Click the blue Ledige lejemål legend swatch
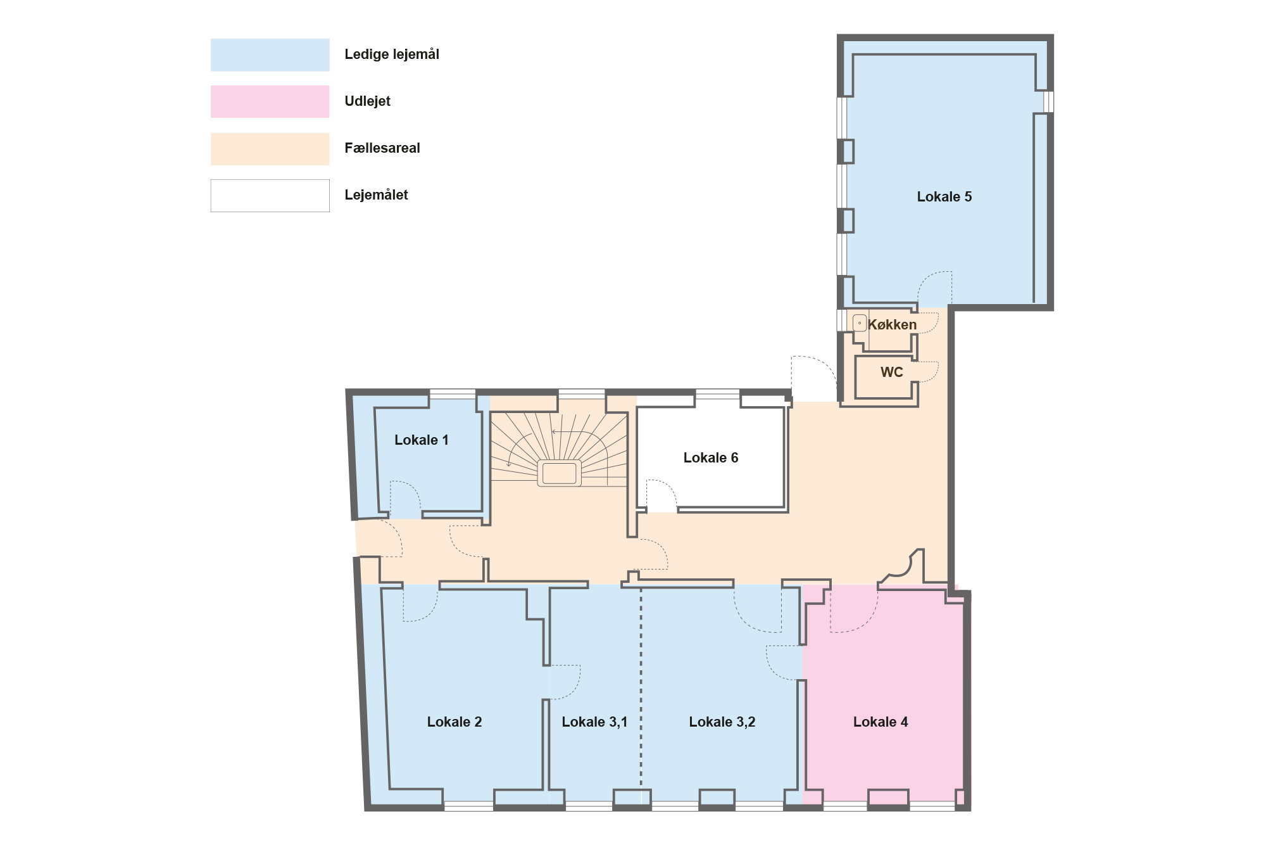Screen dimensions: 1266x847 click(270, 54)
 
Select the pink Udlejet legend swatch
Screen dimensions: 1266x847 click(270, 101)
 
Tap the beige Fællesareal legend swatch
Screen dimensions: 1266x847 click(270, 149)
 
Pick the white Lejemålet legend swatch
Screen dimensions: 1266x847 click(270, 195)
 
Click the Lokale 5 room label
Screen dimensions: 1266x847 click(944, 197)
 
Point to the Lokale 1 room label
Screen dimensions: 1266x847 click(422, 440)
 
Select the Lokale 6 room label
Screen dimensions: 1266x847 click(711, 458)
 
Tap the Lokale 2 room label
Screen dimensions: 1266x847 click(454, 722)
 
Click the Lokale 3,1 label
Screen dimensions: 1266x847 click(594, 722)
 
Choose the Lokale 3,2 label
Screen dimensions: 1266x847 click(722, 722)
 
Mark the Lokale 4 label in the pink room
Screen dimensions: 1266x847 click(881, 722)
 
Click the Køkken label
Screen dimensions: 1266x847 click(892, 325)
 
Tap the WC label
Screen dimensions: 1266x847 click(891, 373)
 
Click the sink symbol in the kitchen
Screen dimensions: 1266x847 click(860, 323)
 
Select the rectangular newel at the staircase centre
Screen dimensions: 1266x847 click(560, 473)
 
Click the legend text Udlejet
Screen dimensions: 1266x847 click(367, 101)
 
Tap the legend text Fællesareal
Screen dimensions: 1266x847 click(382, 148)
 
